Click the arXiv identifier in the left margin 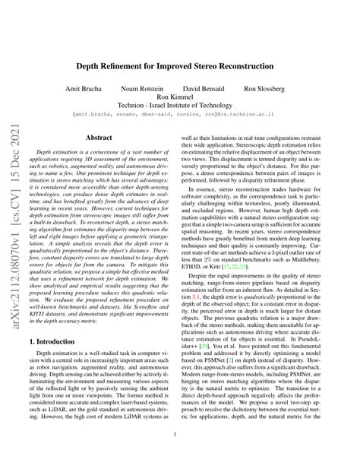tap(14, 228)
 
